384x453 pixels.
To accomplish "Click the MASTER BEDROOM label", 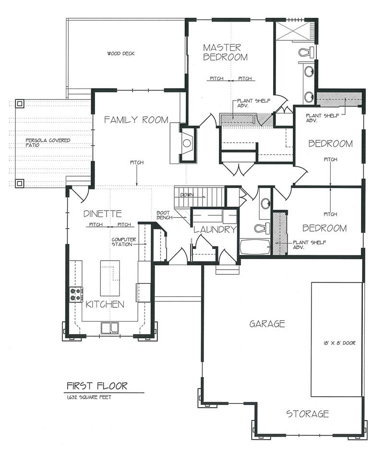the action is click(x=225, y=52).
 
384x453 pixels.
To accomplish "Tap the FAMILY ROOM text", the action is click(x=136, y=120).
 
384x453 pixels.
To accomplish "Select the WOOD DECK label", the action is click(x=121, y=53).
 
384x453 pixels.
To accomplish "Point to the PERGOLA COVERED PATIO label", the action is click(x=48, y=143).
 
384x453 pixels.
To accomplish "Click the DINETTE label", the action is click(x=103, y=214).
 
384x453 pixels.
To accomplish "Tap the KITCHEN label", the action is click(x=105, y=304).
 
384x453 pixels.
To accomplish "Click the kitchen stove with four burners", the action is click(x=76, y=295).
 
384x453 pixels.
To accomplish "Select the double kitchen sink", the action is click(x=110, y=328).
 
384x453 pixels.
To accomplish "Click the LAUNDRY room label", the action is click(x=215, y=230).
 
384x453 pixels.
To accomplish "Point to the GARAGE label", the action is click(x=267, y=324).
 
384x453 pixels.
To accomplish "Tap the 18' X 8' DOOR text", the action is click(x=339, y=343).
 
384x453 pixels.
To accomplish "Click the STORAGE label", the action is click(x=307, y=414).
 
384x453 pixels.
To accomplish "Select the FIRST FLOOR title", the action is click(x=97, y=386).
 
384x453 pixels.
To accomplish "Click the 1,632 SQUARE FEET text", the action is click(x=89, y=397).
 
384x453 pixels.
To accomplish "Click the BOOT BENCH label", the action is click(x=165, y=215).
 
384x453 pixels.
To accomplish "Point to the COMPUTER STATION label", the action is click(x=124, y=242).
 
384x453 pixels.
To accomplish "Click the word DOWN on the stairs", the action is click(x=187, y=195).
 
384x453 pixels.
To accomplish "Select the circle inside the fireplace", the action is click(x=187, y=143).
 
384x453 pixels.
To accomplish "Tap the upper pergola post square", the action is click(x=20, y=103).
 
